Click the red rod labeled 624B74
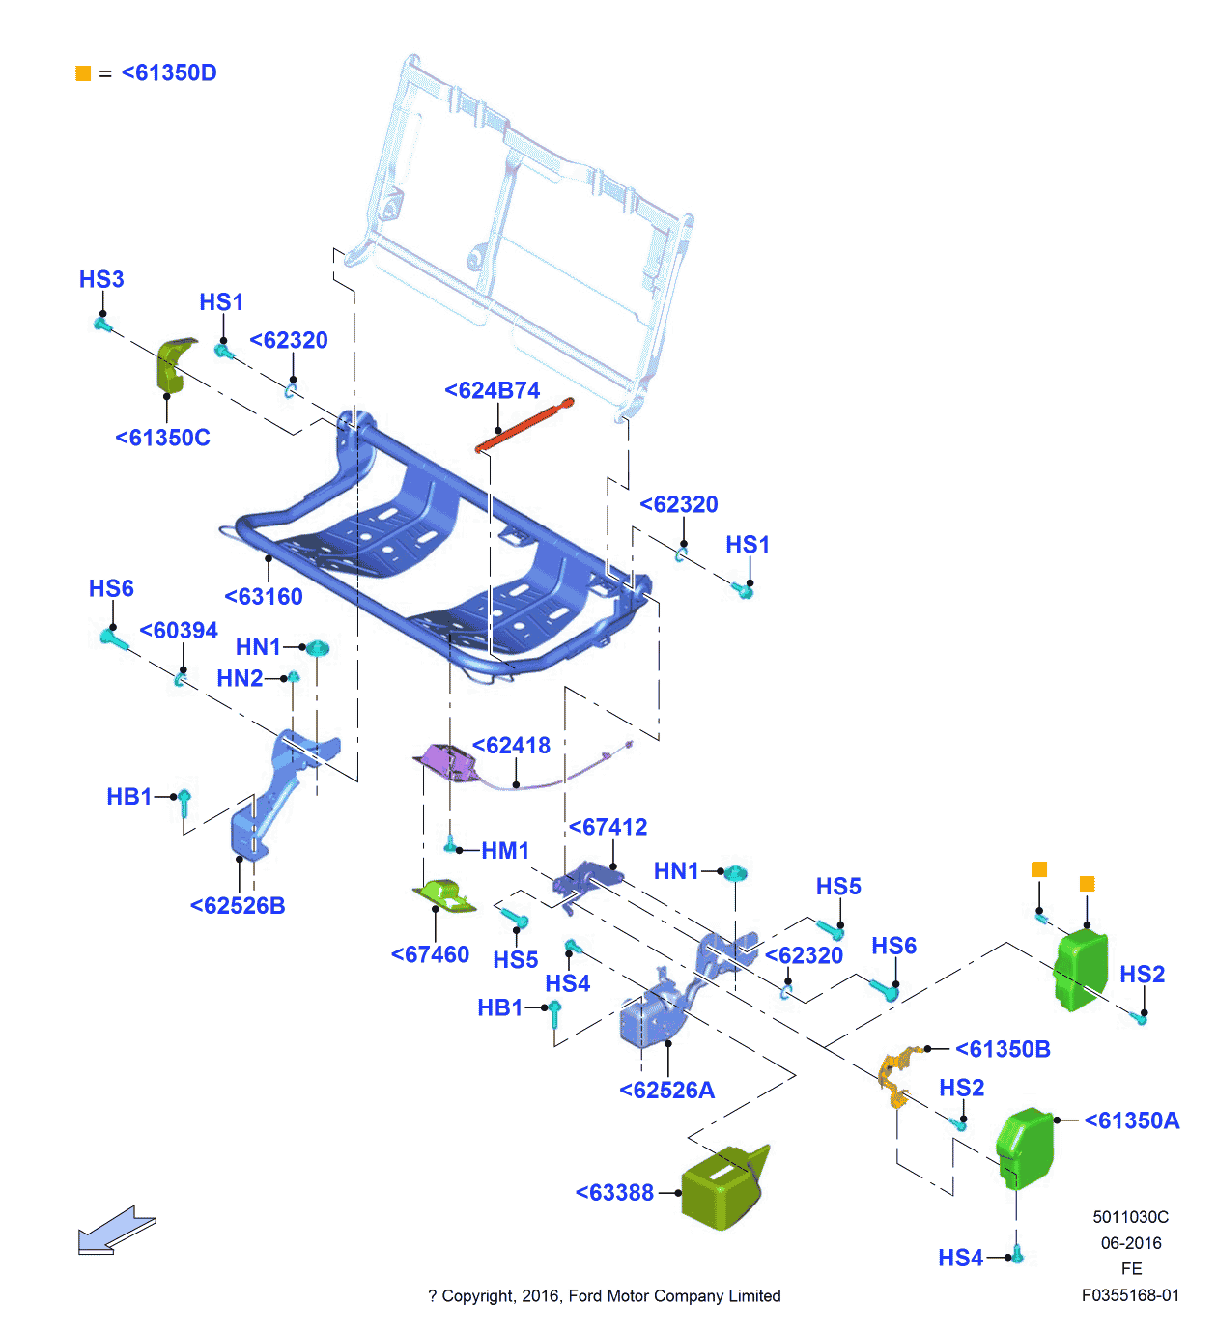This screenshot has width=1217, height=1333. (x=524, y=425)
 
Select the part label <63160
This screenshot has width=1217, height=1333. (x=264, y=597)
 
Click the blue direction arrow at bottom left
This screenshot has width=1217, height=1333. (x=115, y=1231)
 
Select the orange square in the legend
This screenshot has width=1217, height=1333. (x=83, y=73)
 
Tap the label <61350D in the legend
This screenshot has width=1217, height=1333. (x=169, y=73)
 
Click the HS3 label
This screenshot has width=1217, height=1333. (x=101, y=280)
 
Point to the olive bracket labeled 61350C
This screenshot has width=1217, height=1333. (x=174, y=364)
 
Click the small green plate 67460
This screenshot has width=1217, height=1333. (x=445, y=894)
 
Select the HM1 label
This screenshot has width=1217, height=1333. (x=505, y=851)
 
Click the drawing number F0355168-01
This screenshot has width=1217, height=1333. (x=1130, y=1295)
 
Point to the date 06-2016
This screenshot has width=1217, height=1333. (x=1131, y=1243)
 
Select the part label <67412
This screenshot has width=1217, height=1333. (x=608, y=828)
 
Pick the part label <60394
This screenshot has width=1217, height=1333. (x=180, y=631)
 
